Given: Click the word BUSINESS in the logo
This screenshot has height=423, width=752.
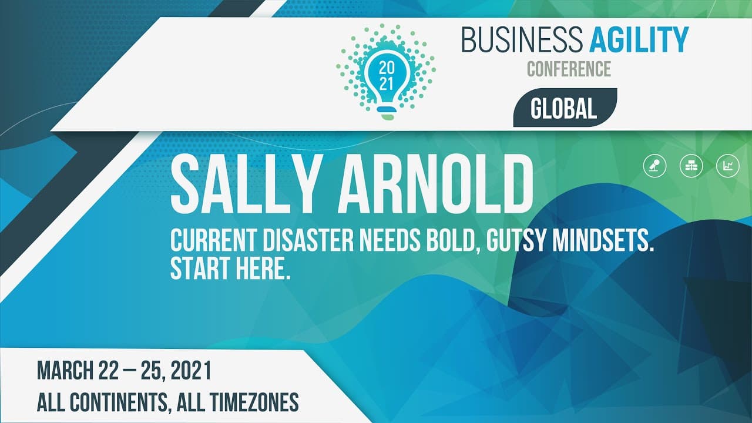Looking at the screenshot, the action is coord(522,40).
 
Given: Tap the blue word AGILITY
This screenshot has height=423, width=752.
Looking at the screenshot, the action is coord(639,40).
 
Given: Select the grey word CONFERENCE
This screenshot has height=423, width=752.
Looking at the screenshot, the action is coord(569,69).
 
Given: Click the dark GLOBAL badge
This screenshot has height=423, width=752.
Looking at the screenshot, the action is coord(565,108).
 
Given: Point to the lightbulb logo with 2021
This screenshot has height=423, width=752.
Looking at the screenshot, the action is coord(386,72).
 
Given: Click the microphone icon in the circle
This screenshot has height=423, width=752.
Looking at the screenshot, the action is coord(654,166).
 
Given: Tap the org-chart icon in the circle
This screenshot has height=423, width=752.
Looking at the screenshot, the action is coord(691,166).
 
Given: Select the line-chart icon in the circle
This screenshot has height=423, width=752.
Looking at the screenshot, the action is coord(728,166).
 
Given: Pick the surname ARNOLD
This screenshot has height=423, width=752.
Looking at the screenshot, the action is coord(435,186).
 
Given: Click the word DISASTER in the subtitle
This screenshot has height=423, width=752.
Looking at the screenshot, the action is coord(308,240).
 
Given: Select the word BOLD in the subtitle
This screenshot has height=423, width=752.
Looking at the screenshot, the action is coord(453,241).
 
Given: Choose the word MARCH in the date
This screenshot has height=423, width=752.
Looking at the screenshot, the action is coord(65,370).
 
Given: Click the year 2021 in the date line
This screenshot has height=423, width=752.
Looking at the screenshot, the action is coord(191,370).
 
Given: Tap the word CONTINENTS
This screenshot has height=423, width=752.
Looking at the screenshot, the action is coord(119,402).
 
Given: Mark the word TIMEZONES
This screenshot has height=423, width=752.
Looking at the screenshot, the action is coord(254,402).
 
